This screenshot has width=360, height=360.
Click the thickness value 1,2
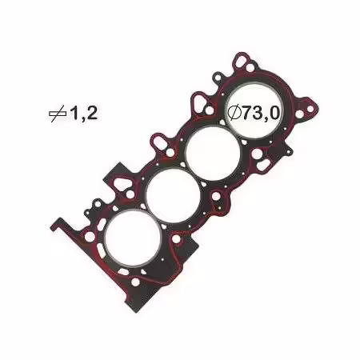pyautogui.click(x=83, y=114)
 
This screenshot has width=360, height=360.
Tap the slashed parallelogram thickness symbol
pyautogui.click(x=58, y=114)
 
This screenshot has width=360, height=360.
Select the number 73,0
pyautogui.click(x=261, y=113)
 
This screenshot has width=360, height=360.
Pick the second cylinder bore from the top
pyautogui.click(x=214, y=154)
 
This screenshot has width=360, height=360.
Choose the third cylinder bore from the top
pyautogui.click(x=174, y=196)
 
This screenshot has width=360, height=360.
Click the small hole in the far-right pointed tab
pyautogui.click(x=310, y=110)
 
